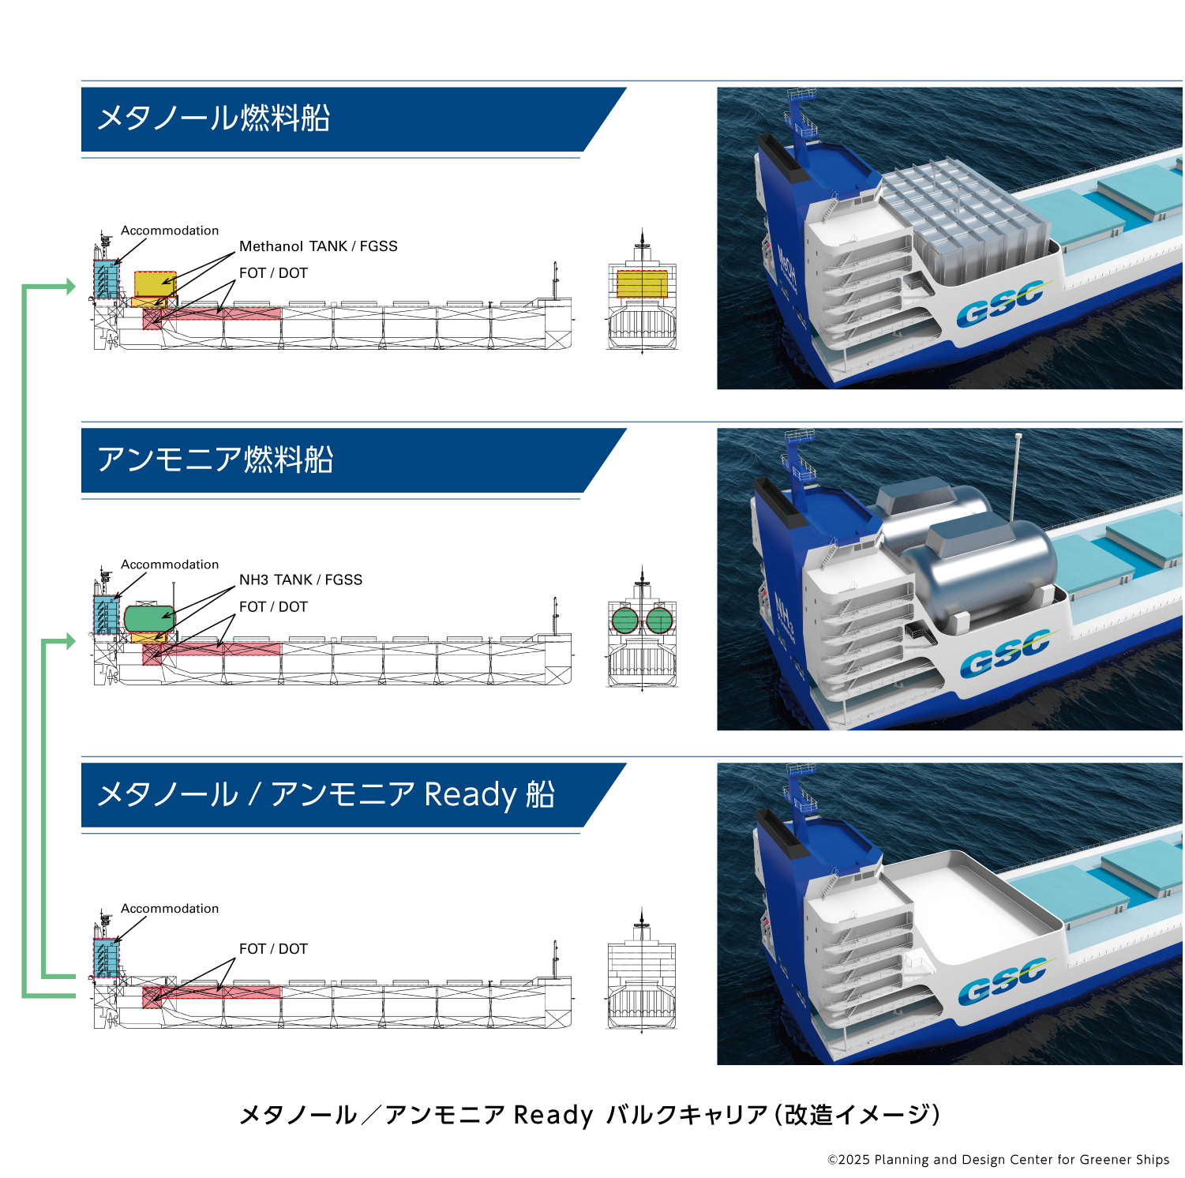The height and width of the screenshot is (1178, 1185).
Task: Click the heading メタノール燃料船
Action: click(x=213, y=118)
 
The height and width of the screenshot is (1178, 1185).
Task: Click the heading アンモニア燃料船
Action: click(x=215, y=460)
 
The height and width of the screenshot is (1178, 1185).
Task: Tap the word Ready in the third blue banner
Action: click(x=471, y=794)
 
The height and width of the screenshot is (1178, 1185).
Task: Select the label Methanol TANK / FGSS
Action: click(x=318, y=246)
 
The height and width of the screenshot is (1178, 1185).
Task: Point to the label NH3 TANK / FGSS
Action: click(x=301, y=580)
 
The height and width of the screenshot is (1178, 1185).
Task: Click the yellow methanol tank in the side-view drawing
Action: click(x=155, y=283)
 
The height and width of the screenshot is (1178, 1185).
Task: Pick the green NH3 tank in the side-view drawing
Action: click(x=149, y=618)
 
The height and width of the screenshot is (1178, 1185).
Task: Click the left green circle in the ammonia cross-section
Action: click(x=624, y=621)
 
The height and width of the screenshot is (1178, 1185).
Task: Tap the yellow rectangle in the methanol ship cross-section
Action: click(x=642, y=284)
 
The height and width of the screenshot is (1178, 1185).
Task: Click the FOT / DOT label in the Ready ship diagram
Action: click(x=273, y=949)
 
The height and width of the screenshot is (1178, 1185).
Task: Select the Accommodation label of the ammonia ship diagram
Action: click(x=170, y=565)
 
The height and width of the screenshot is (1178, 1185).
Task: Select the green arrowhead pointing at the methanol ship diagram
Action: click(x=71, y=287)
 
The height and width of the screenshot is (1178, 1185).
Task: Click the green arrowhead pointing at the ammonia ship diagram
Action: click(x=71, y=641)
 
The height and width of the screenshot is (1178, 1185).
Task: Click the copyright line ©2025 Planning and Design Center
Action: click(x=998, y=1160)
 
